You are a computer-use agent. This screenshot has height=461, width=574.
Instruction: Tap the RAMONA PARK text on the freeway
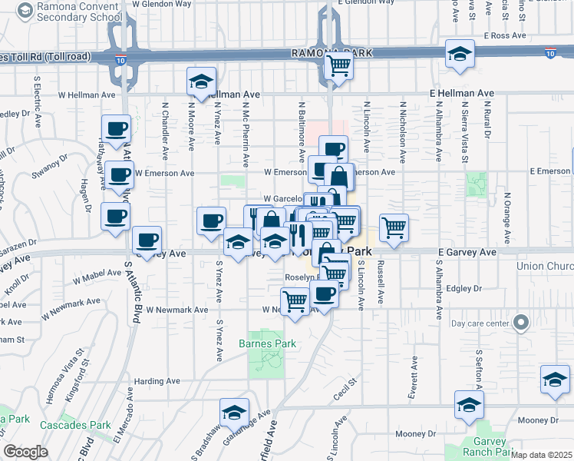pyautogui.click(x=332, y=53)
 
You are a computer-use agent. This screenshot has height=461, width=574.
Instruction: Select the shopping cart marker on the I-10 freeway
pyautogui.click(x=338, y=68)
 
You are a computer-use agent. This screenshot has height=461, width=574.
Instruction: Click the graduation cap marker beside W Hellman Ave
pyautogui.click(x=202, y=82)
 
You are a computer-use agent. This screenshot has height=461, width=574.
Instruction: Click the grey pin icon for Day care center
pyautogui.click(x=521, y=323)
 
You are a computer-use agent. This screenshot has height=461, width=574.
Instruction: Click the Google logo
pyautogui.click(x=25, y=452)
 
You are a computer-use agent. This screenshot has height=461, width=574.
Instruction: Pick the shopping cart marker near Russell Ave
pyautogui.click(x=394, y=227)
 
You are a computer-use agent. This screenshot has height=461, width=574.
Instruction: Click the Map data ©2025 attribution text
pyautogui.click(x=542, y=455)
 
